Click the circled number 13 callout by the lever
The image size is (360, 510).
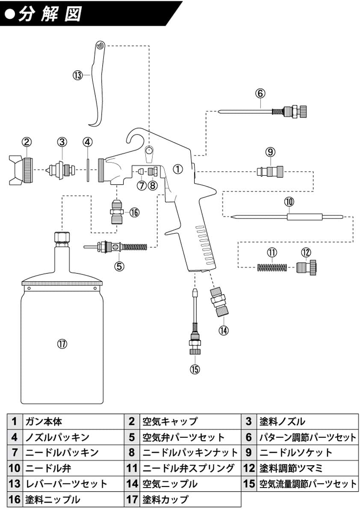[77, 75]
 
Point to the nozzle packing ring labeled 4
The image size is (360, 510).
[87, 170]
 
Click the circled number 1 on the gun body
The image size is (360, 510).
[178, 169]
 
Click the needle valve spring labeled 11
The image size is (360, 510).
[272, 268]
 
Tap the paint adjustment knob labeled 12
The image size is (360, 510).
[306, 268]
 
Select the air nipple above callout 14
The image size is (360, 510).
[218, 303]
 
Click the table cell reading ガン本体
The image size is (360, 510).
[44, 422]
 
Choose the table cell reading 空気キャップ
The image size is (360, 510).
[170, 422]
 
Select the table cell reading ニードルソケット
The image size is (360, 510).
[295, 452]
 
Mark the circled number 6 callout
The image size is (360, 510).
[260, 93]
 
